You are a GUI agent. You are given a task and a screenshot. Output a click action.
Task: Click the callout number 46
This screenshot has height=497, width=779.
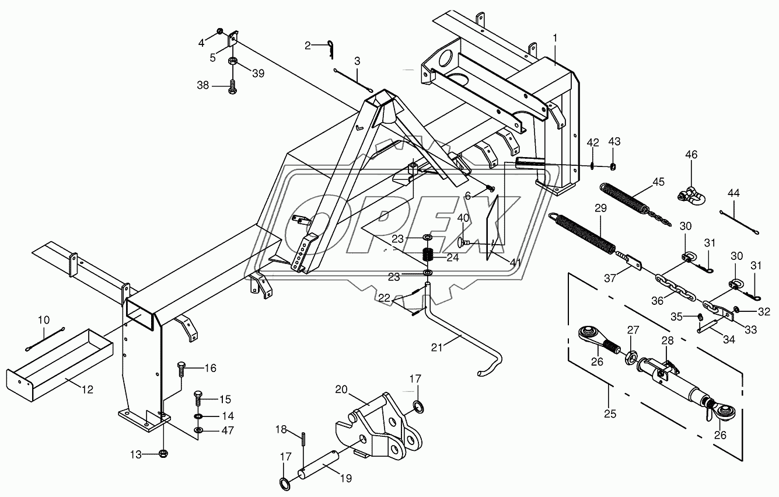click(x=691, y=155)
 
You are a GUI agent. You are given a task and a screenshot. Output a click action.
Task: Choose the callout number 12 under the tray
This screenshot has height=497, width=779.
click(x=88, y=390)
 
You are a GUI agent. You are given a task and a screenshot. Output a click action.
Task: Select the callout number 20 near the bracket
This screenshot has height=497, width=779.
click(x=341, y=389)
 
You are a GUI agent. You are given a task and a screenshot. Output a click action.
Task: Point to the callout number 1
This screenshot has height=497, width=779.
click(x=555, y=37)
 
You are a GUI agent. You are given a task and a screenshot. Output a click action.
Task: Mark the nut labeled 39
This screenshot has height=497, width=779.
click(x=233, y=62)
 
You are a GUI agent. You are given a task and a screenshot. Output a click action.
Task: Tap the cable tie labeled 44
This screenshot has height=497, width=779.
click(x=739, y=222)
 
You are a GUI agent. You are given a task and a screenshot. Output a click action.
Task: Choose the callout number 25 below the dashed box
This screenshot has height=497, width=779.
click(x=610, y=414)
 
